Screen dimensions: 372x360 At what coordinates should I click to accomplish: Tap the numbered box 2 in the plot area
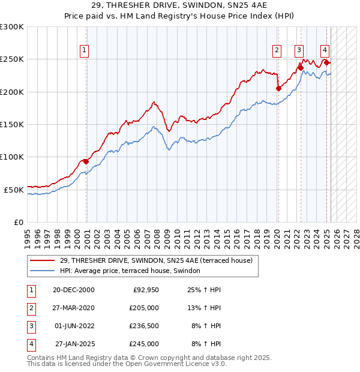(x=277, y=51)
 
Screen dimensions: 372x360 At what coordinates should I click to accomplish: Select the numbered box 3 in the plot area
(x=299, y=51)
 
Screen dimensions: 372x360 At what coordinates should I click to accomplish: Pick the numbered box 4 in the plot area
(x=325, y=51)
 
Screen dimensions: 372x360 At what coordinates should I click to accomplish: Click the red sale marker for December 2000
(x=86, y=161)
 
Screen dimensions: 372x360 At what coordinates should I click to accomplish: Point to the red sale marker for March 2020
(x=278, y=88)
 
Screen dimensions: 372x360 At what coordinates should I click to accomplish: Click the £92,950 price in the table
(x=145, y=290)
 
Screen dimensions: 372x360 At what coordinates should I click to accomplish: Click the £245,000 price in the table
(x=143, y=344)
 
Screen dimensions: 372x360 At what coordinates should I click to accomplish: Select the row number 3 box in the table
(x=31, y=326)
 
